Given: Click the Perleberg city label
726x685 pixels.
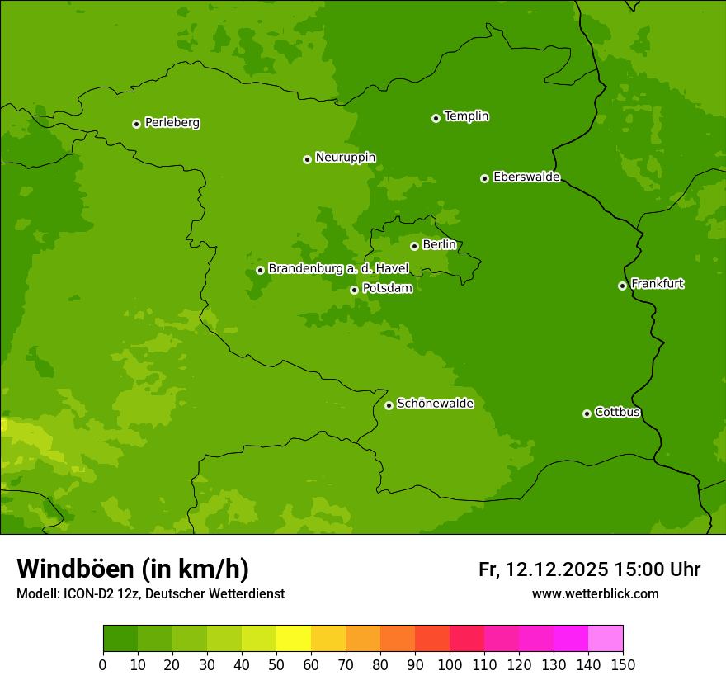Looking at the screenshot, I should click(172, 123).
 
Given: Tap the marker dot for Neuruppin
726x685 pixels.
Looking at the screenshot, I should click(307, 159).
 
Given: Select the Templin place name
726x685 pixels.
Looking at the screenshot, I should click(466, 116).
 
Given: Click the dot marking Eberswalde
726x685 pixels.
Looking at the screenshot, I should click(484, 178).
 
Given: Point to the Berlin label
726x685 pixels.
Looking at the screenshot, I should click(439, 244).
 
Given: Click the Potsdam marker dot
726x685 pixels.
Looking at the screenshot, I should click(354, 290).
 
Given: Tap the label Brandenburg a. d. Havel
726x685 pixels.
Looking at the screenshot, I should click(338, 269).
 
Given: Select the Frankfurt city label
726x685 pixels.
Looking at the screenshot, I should click(657, 284).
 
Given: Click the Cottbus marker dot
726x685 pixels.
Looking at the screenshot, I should click(587, 413).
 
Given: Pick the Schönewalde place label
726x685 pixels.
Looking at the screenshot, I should click(435, 404).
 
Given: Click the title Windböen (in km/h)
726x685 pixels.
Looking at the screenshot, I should click(132, 569).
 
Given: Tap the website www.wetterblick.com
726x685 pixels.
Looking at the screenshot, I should click(595, 593).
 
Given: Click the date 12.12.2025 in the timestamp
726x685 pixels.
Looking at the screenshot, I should click(556, 569).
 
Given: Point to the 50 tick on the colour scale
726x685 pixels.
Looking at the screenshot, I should click(276, 664).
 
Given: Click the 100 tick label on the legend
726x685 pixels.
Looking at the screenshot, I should click(450, 664).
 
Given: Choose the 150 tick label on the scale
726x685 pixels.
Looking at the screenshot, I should click(623, 664).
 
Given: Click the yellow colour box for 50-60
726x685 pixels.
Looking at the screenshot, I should click(294, 639).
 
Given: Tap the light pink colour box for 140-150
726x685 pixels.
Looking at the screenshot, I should click(606, 639).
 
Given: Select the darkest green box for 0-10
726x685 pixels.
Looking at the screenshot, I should click(120, 639).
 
